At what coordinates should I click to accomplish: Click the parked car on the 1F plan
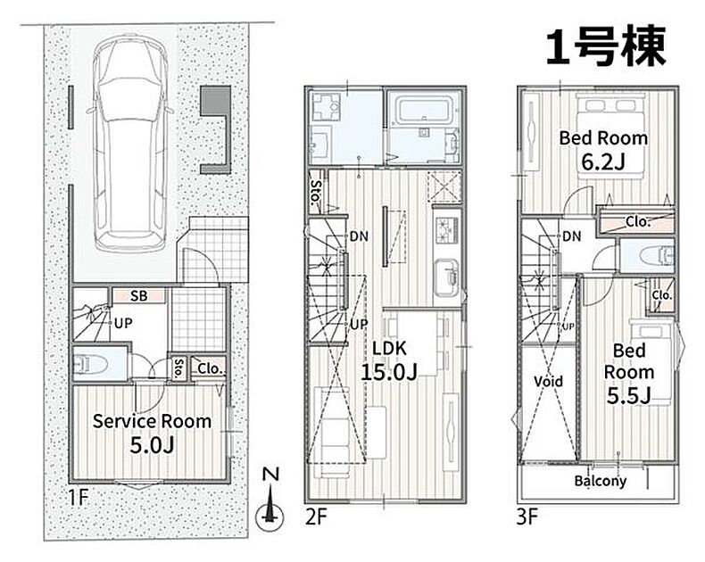click(x=129, y=144)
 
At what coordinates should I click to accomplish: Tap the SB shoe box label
click(x=138, y=296)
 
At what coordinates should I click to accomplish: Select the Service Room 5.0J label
click(x=152, y=433)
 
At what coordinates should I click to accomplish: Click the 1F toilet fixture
click(x=92, y=364)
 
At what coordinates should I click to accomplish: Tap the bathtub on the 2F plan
click(x=425, y=108)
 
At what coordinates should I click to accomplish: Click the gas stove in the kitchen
click(x=447, y=229)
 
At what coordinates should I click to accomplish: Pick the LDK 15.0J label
click(x=389, y=360)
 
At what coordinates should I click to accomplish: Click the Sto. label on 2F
click(x=316, y=192)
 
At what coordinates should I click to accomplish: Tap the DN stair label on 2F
click(x=359, y=236)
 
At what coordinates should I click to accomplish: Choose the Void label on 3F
click(x=548, y=382)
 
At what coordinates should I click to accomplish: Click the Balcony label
click(x=601, y=481)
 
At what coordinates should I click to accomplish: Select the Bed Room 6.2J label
click(x=603, y=150)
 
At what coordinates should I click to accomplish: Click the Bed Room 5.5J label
click(x=628, y=374)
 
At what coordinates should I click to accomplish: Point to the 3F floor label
click(x=527, y=517)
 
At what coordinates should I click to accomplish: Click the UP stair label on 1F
click(x=123, y=323)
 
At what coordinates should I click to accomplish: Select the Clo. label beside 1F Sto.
click(x=210, y=368)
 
